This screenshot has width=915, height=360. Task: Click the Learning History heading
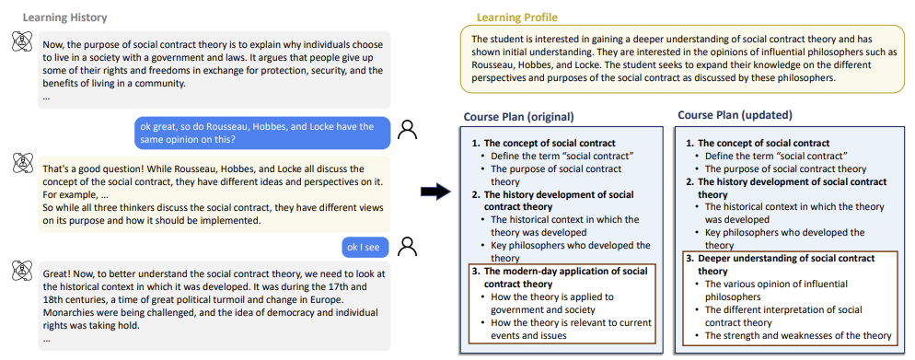pos(64,17)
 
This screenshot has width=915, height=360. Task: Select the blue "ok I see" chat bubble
pos(367,246)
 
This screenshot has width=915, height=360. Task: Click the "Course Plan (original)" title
pos(519,117)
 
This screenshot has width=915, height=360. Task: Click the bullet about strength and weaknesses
pos(798,336)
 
